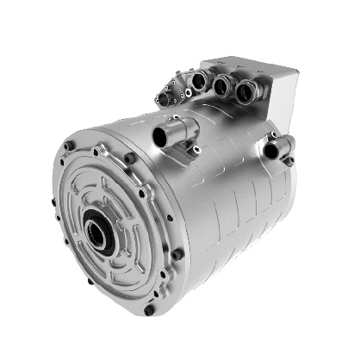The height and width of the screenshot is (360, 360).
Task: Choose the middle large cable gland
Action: tap(222, 85)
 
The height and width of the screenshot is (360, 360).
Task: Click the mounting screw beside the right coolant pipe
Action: tap(289, 160)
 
